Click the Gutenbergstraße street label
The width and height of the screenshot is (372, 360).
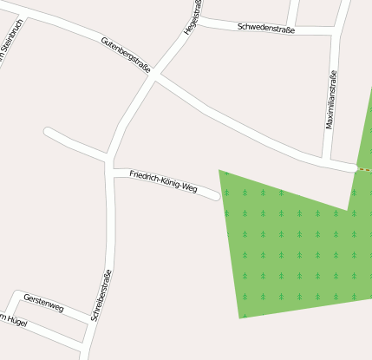(127, 53)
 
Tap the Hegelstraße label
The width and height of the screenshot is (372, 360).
(192, 17)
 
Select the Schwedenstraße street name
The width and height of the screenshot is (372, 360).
(266, 29)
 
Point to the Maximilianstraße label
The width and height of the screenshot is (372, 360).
(330, 100)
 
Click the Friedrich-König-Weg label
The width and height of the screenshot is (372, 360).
(163, 180)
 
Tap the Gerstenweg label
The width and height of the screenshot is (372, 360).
(43, 303)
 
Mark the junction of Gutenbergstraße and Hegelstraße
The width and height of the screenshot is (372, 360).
(154, 76)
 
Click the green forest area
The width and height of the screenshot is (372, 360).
(295, 252)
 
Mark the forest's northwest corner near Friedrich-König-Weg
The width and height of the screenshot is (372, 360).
(219, 171)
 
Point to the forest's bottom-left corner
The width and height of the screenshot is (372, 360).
(239, 317)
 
